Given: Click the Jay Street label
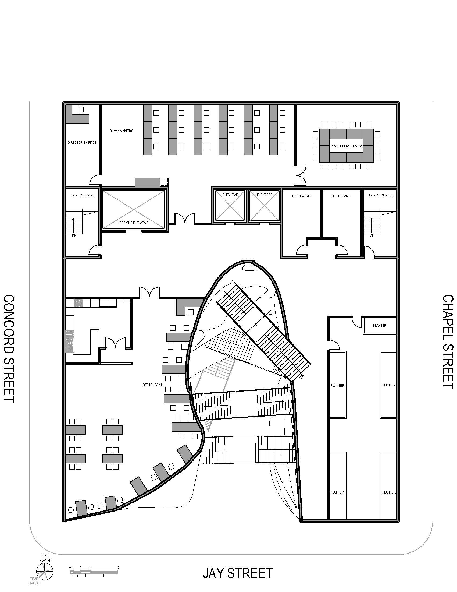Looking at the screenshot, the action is (237, 573).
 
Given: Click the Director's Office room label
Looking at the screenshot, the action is (82, 143).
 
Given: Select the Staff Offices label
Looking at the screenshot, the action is (121, 131).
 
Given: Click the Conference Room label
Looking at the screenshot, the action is (347, 146).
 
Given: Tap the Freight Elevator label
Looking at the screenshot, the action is (134, 223).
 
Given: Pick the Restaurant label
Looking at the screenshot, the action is (152, 385).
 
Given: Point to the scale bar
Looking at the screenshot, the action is (94, 571).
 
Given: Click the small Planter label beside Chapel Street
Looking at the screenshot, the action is (380, 326).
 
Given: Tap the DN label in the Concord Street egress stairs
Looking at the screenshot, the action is (74, 235).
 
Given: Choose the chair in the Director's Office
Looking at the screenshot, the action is (81, 110).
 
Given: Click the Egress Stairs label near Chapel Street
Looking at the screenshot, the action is (380, 195).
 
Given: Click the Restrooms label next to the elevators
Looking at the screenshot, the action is (301, 196).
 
